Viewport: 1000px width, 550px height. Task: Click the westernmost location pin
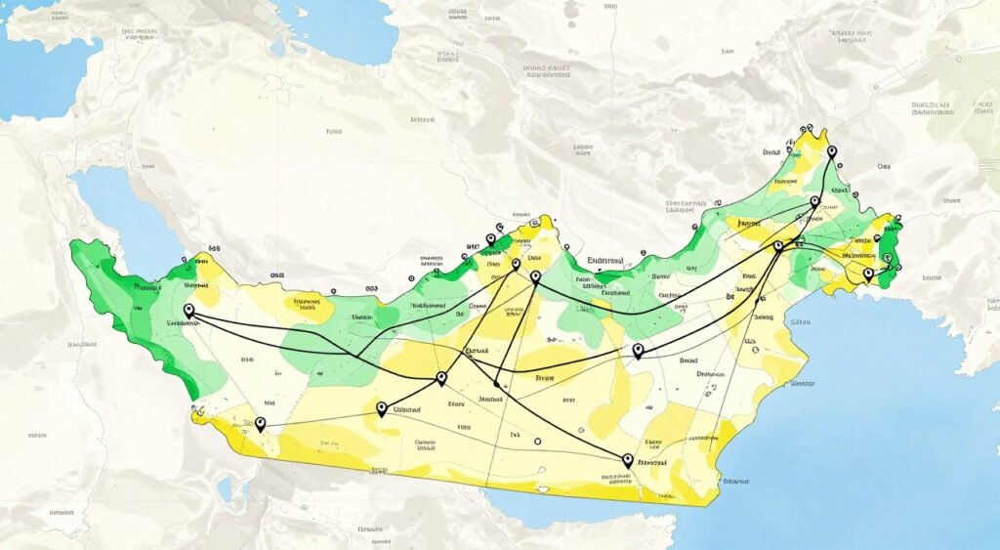click(188, 311)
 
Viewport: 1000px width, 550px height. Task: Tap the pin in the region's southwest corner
click(260, 424)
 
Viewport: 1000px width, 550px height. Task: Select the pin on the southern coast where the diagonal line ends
click(628, 459)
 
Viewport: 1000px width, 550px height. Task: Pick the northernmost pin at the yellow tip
click(831, 152)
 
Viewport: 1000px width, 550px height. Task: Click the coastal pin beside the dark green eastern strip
click(867, 276)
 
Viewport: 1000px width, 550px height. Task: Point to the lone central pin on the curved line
click(638, 351)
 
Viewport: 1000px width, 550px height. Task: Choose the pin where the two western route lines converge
click(441, 378)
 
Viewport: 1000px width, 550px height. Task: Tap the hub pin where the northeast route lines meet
click(778, 246)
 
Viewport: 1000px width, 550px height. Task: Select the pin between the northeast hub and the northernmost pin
click(814, 203)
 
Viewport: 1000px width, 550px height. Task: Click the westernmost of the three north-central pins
click(491, 240)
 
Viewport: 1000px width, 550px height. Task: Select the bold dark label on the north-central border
click(606, 262)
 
